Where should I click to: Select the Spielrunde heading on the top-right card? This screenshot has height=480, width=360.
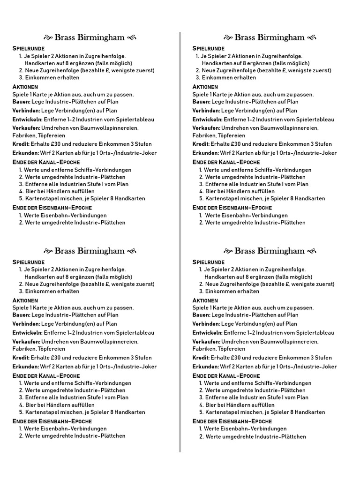coord(209,48)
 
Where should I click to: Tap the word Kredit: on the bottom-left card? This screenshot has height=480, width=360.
coord(21,358)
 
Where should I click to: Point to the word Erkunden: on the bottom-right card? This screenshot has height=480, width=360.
coord(205,367)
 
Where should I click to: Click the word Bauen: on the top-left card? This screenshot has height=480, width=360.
coord(21,101)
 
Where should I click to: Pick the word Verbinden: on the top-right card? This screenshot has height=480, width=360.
coord(206,111)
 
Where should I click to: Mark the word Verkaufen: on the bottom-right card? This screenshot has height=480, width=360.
coord(206,341)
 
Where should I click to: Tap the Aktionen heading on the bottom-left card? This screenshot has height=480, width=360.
coord(25,300)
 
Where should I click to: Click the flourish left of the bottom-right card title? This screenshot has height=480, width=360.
coord(228,251)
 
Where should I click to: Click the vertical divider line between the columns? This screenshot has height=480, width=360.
coord(180,234)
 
